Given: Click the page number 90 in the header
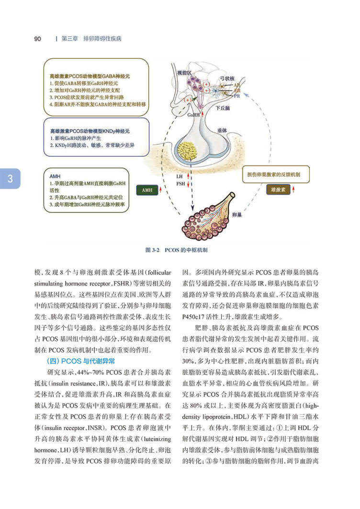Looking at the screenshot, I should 37,38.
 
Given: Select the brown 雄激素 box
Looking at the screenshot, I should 278,190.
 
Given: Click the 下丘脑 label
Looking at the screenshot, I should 223,109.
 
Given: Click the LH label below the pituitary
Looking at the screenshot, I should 180,177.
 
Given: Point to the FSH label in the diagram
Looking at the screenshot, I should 180,183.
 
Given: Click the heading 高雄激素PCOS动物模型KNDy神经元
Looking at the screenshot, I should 90,131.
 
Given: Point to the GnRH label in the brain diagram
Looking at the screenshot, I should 193,115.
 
